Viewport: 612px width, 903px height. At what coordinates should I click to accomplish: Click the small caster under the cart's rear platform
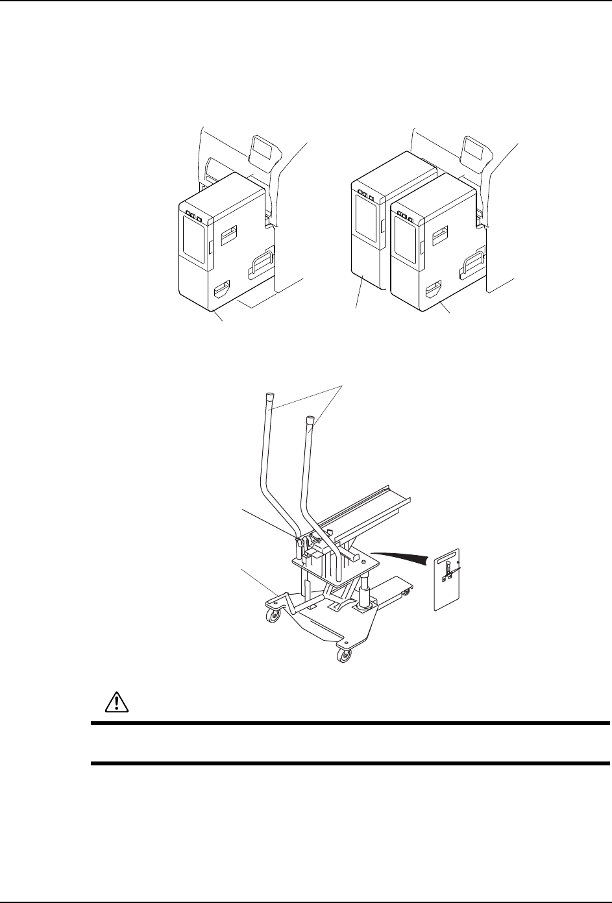click(407, 592)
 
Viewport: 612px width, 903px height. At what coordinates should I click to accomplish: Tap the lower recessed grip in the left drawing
click(220, 286)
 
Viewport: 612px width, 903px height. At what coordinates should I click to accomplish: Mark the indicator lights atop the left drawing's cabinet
click(193, 215)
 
